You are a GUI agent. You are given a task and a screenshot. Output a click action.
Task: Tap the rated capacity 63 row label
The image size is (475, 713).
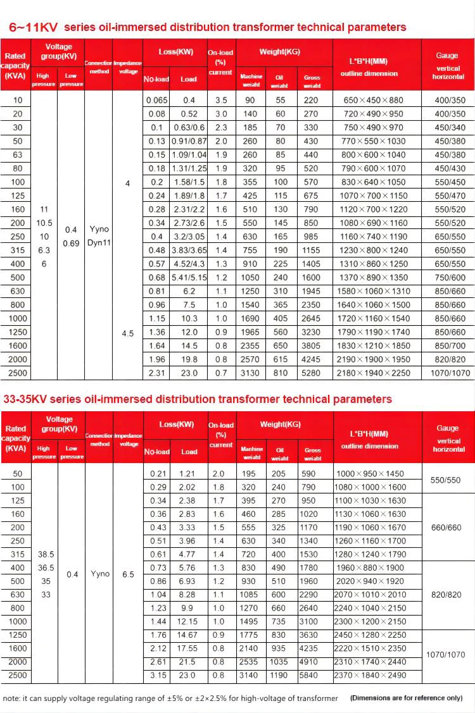click(17, 155)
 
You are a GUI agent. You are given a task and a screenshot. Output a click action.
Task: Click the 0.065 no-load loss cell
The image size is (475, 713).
click(157, 101)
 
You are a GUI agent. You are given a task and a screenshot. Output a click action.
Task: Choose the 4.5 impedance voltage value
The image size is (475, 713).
click(128, 333)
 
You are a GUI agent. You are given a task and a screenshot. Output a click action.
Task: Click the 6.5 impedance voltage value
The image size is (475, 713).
click(128, 575)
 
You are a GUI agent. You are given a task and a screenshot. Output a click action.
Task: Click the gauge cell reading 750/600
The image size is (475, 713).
click(449, 278)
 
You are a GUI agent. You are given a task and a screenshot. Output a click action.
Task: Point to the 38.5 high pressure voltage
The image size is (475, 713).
click(46, 554)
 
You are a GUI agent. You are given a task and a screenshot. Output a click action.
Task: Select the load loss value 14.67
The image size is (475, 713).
click(189, 636)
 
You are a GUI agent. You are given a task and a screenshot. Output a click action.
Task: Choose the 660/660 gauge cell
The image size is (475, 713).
click(446, 528)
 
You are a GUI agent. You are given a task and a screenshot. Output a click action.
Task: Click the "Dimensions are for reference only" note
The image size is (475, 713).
click(405, 698)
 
